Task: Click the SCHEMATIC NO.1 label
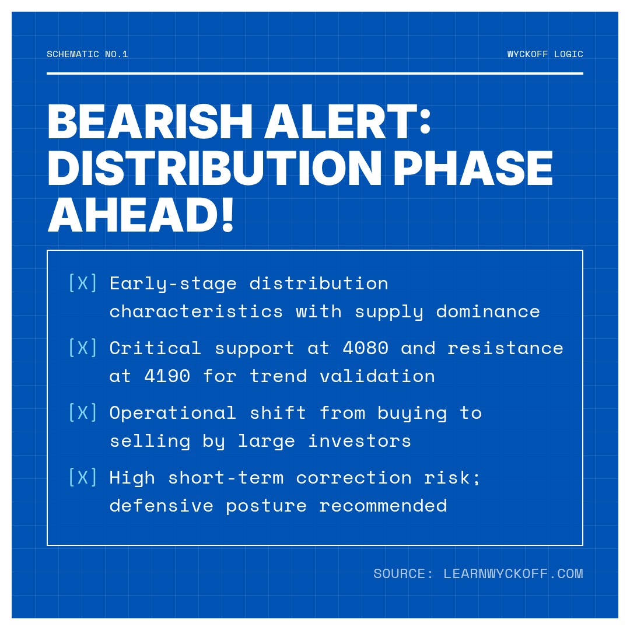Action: tap(87, 54)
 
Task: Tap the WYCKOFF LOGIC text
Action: tap(545, 54)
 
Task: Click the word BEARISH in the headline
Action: tap(150, 122)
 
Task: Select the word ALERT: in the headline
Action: tap(348, 122)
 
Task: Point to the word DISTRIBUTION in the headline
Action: tap(215, 168)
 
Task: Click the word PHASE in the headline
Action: tap(473, 168)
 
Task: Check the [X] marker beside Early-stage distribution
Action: tap(83, 283)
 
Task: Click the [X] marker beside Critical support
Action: tap(83, 348)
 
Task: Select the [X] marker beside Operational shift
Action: tap(83, 412)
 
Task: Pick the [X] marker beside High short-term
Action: tap(83, 477)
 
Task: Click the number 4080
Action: tap(365, 348)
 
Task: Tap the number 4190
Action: tap(167, 376)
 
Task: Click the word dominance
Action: tap(488, 311)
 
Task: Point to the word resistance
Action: tap(505, 348)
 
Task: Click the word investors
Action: tap(359, 441)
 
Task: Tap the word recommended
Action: tap(383, 506)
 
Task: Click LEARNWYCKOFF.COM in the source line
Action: tap(513, 573)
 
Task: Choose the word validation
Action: tap(377, 376)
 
